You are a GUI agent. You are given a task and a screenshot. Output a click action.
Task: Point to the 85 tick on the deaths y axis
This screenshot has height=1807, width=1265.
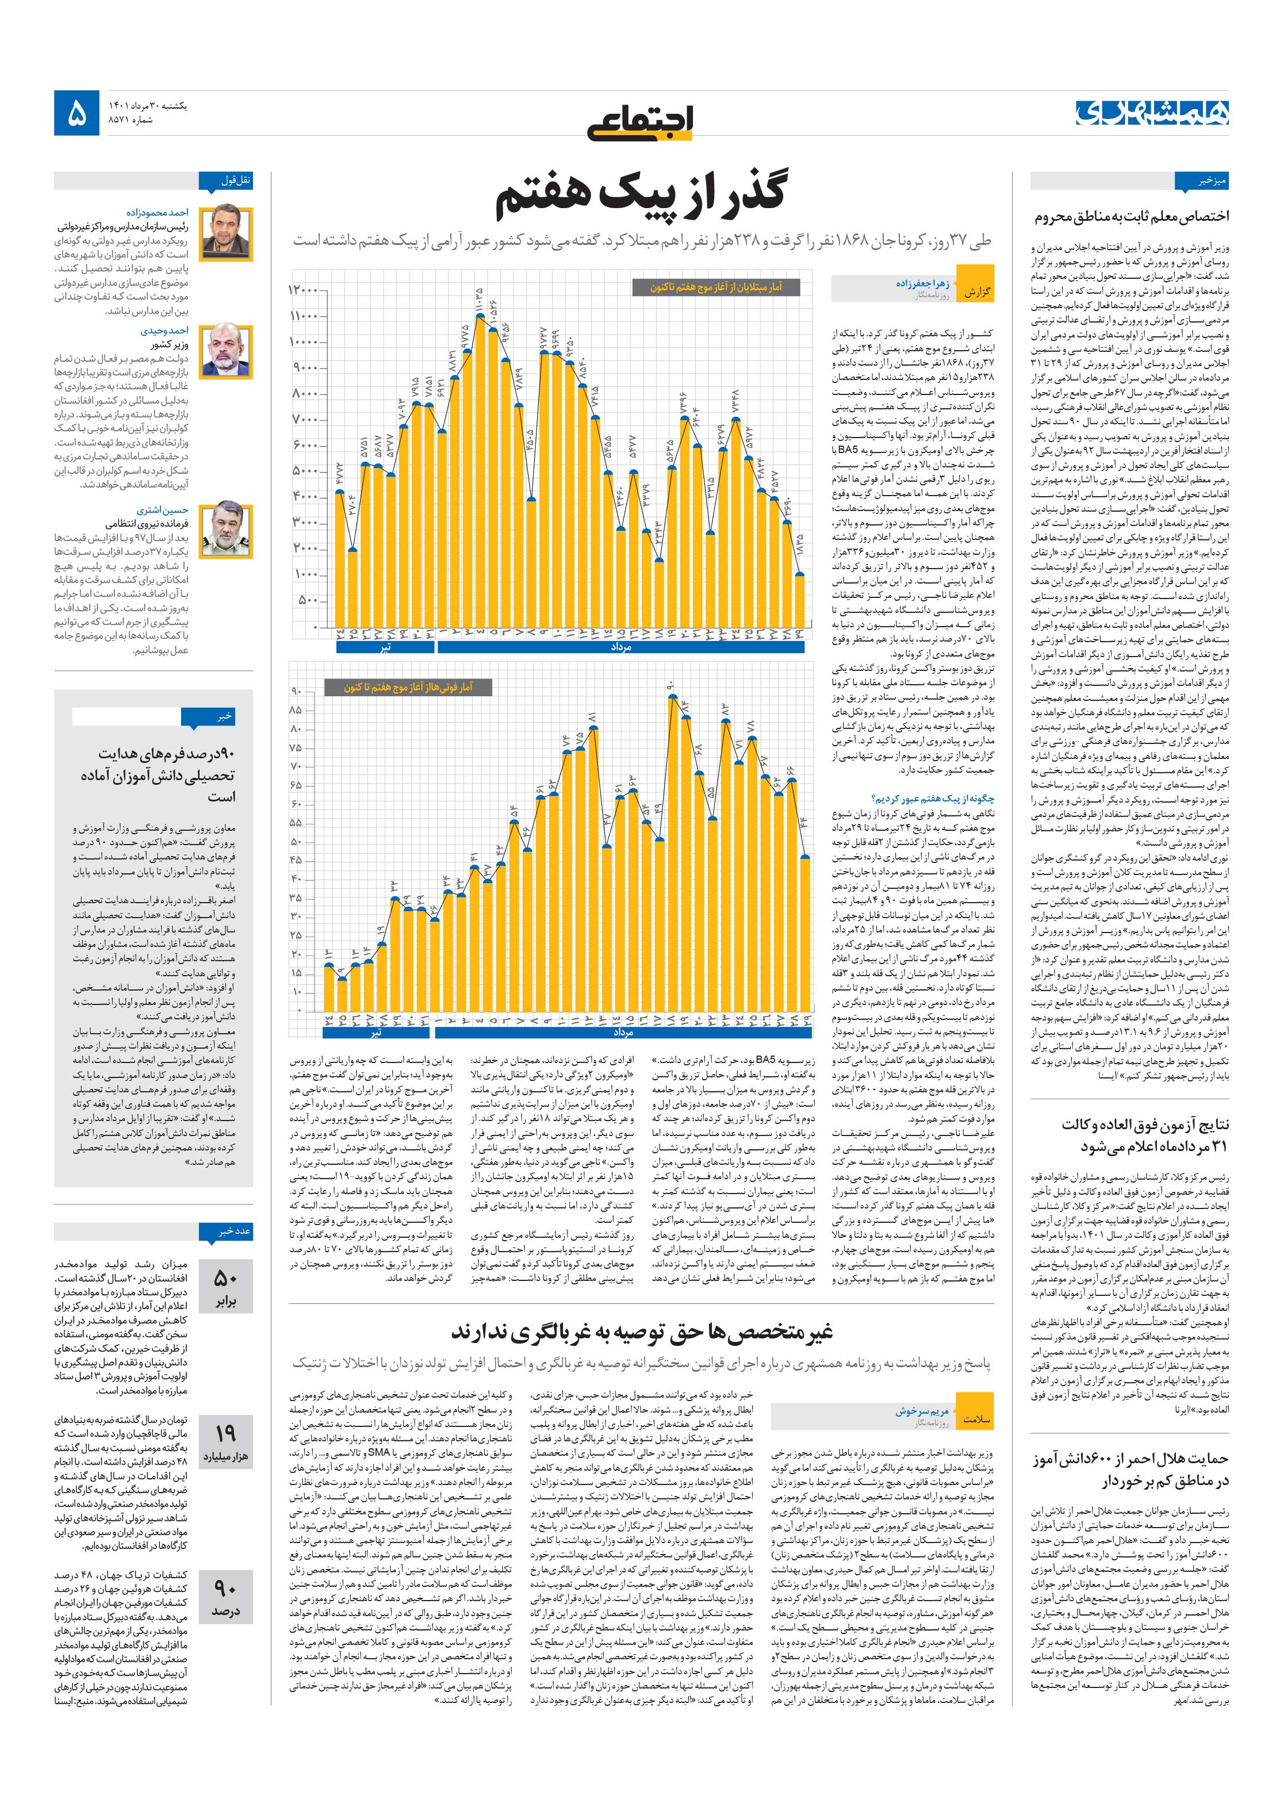[x=296, y=710]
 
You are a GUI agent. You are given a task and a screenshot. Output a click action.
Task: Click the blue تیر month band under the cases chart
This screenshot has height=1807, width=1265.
[x=385, y=647]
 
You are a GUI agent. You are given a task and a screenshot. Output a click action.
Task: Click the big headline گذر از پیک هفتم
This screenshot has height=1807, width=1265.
[x=642, y=199]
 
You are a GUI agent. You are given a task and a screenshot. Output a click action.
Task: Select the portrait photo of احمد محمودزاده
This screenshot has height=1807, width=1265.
[x=227, y=234]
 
